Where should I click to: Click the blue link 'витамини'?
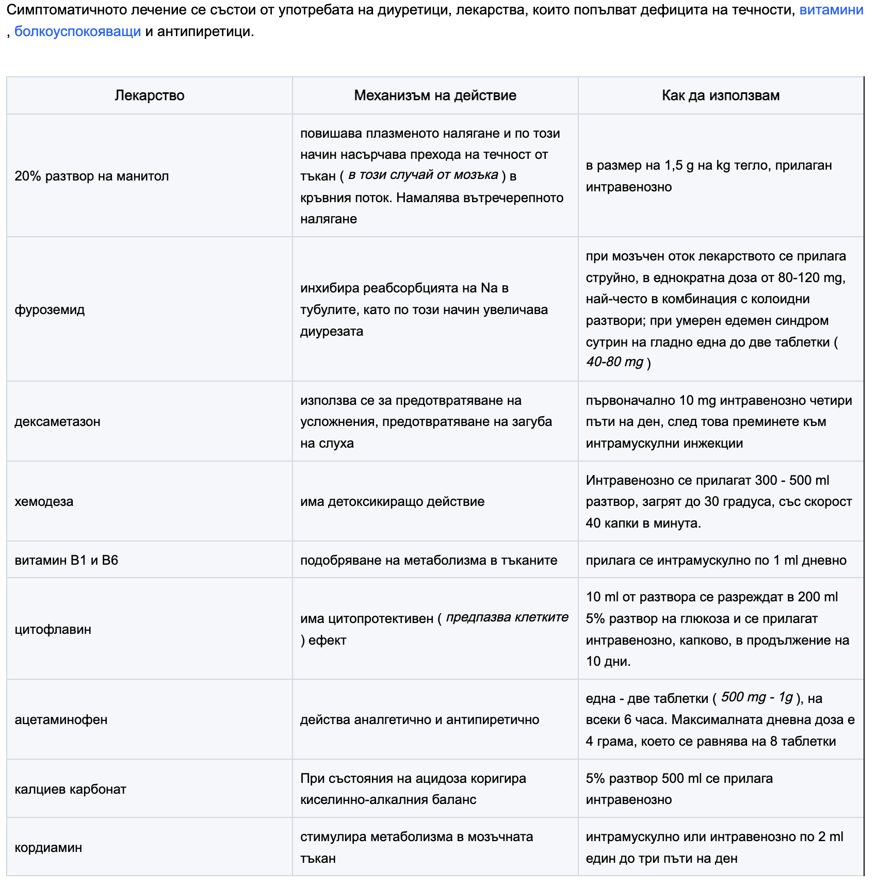(831, 10)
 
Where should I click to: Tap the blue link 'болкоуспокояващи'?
(77, 31)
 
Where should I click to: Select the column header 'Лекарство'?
(149, 95)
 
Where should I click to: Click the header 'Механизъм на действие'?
(435, 95)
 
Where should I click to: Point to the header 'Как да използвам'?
(720, 95)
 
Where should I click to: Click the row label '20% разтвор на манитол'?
(92, 176)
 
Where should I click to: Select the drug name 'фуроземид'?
(50, 309)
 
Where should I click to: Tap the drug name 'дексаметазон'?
(57, 422)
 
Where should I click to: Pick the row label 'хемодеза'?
(44, 502)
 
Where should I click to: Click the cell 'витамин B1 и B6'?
(67, 561)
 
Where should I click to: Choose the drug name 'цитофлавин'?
(53, 630)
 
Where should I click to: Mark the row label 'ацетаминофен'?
(61, 720)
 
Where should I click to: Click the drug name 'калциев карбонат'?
(70, 790)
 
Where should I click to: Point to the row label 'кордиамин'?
(48, 848)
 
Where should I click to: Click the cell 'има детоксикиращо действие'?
(392, 502)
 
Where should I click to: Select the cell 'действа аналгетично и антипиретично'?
(419, 720)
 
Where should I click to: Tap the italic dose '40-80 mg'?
(614, 362)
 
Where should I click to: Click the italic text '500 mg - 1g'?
(757, 697)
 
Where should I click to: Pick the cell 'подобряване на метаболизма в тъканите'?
(429, 561)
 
